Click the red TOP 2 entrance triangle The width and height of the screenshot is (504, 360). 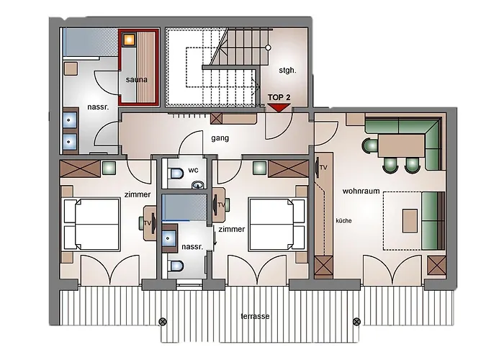279,107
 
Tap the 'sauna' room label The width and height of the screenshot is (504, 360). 137,79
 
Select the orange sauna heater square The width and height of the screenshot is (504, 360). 129,39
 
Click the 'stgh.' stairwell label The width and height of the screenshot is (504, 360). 287,71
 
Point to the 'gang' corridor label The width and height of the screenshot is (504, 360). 220,138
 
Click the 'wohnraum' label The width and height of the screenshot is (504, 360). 361,191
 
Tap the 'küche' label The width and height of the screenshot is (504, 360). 343,220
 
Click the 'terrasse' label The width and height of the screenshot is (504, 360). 255,316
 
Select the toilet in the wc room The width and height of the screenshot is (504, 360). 176,174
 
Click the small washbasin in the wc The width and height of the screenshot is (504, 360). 198,185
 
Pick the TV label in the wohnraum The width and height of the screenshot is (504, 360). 324,168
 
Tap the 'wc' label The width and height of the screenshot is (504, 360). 193,170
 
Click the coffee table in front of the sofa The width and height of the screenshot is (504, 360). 410,221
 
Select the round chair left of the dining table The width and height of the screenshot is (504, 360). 370,145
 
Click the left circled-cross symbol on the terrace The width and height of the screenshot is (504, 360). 163,321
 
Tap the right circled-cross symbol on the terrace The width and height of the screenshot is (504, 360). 356,321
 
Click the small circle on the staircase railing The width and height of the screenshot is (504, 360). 268,48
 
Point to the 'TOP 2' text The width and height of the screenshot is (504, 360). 279,97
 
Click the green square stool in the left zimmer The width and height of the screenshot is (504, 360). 109,168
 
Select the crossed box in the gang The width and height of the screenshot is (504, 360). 216,118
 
